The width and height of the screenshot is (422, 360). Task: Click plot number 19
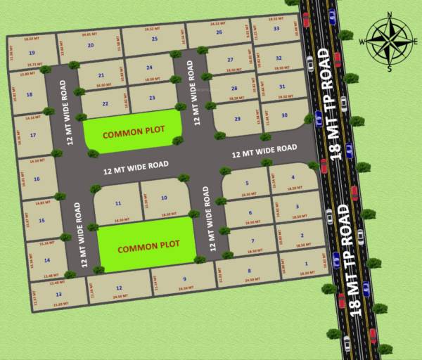(x=32, y=53)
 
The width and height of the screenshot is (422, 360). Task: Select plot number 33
(x=276, y=29)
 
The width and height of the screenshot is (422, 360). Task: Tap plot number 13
(x=58, y=294)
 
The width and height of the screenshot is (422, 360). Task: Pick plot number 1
(x=306, y=263)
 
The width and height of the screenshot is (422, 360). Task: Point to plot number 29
(x=237, y=120)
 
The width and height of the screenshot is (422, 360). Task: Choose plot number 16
(x=36, y=179)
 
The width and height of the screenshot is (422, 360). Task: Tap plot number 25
(x=154, y=39)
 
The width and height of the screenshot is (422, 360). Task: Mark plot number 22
(x=105, y=104)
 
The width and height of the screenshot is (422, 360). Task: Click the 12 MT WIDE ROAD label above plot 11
(x=136, y=168)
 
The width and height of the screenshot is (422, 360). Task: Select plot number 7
(x=252, y=241)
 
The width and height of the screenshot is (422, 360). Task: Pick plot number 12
(x=119, y=288)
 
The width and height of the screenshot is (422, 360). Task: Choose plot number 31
(x=281, y=86)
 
